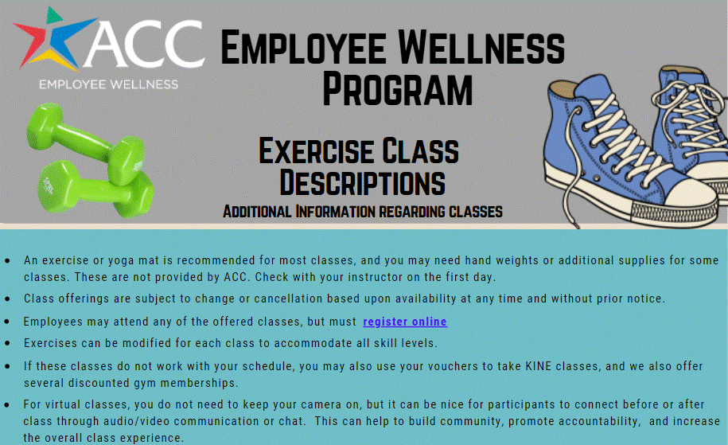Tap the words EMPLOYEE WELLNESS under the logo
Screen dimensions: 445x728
(x=108, y=84)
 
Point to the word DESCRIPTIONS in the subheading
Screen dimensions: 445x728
(x=362, y=182)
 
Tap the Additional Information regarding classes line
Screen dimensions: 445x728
(x=362, y=212)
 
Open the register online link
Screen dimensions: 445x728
(x=405, y=322)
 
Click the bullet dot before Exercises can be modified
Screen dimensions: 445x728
(x=7, y=345)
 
